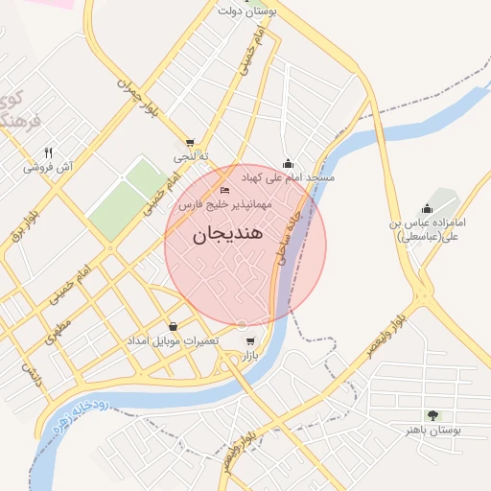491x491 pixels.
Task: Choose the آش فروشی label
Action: coord(49,167)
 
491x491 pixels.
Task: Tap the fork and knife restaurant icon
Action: coord(49,152)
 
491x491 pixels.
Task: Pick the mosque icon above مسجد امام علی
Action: coord(288,164)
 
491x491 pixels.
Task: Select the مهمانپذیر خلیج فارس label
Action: coord(225,204)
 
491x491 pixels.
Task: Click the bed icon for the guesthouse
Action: coord(225,190)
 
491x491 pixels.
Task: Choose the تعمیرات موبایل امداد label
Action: coord(174,341)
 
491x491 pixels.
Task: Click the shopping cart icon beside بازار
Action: coord(251,341)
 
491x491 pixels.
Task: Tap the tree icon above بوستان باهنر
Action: coord(433,415)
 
